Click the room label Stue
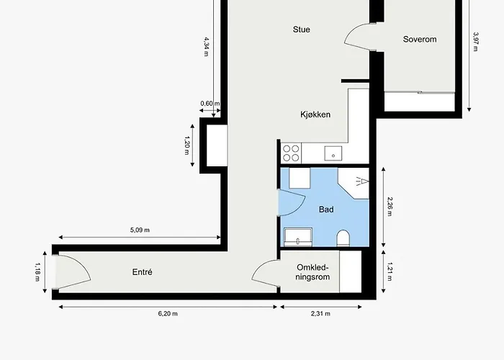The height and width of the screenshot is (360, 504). click(301, 30)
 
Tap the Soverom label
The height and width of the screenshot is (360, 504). click(420, 40)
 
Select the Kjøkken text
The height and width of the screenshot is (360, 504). click(315, 114)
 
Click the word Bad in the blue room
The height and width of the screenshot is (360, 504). click(326, 209)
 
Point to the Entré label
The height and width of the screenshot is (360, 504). click(142, 272)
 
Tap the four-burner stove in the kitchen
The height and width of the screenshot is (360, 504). click(291, 153)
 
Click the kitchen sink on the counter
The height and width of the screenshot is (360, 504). click(333, 153)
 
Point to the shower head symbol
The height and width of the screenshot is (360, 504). click(361, 181)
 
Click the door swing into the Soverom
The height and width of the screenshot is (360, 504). click(359, 36)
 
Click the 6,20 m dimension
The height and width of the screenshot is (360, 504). click(168, 314)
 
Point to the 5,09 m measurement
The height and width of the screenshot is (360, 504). click(140, 230)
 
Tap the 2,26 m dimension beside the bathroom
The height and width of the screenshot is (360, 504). click(390, 207)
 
